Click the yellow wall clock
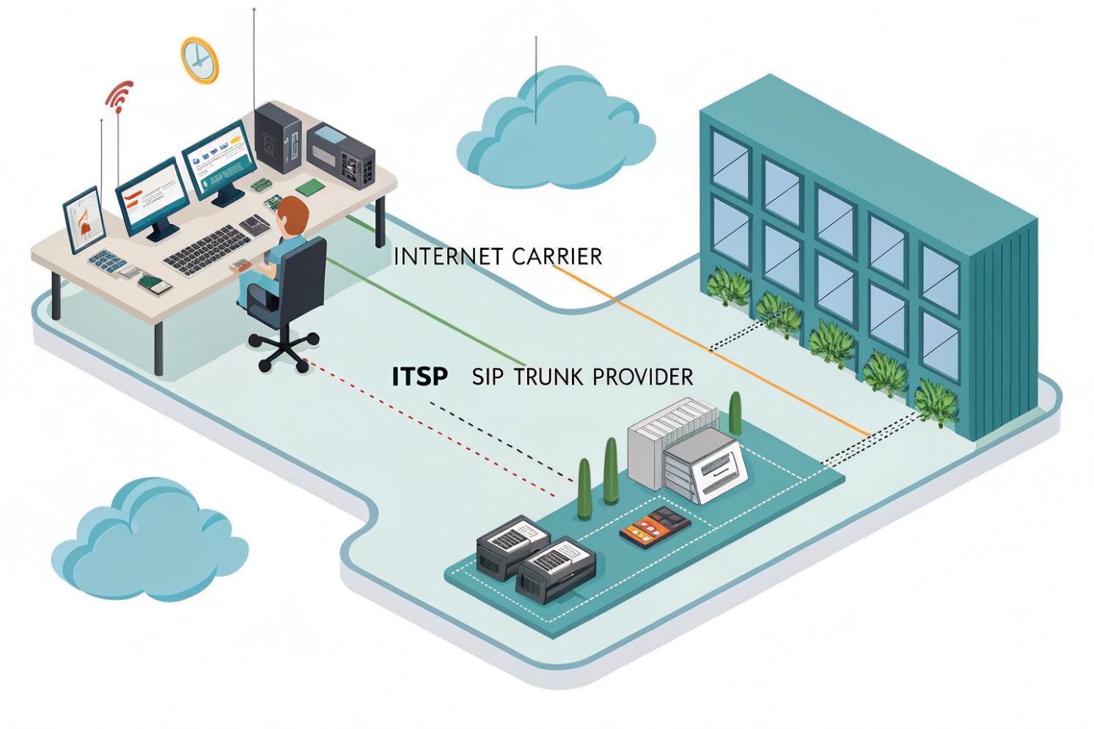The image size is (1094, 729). point(199,59)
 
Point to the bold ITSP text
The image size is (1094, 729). point(419,377)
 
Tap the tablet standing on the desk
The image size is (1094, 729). point(84,219)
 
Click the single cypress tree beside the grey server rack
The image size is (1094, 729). point(735,413)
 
